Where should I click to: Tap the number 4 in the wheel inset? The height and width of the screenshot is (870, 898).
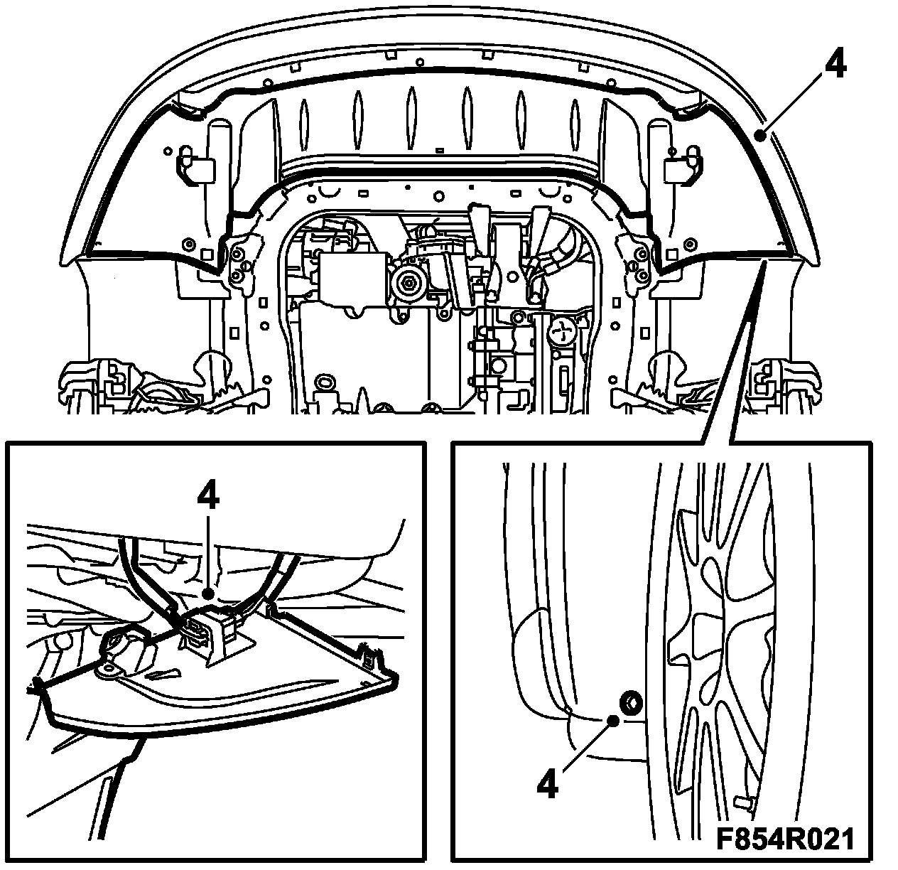tap(547, 784)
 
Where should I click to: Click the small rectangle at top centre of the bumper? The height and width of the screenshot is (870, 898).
tap(440, 150)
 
